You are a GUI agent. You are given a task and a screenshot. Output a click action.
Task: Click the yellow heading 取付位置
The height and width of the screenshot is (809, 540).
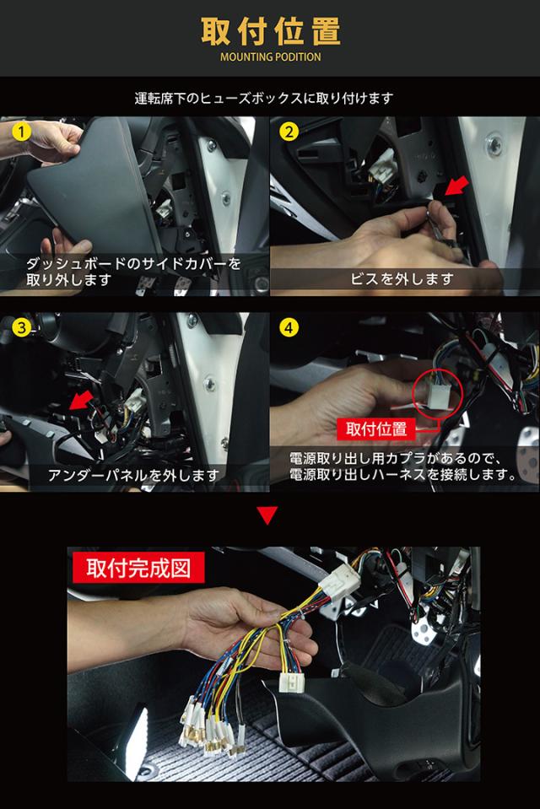coord(271,31)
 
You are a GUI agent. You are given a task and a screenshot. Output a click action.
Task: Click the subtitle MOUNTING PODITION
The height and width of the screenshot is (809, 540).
coord(271,57)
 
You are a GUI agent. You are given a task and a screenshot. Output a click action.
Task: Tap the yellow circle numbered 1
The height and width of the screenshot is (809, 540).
coord(21,132)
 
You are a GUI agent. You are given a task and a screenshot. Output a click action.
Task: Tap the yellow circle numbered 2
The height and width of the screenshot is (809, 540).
coord(289,132)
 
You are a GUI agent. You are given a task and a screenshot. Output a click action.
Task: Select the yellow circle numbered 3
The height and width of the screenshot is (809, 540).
coord(21,327)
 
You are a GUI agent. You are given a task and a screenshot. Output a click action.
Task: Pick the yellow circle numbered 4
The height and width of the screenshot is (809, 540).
coord(289,327)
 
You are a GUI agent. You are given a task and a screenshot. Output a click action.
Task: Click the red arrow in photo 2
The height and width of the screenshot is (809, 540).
coord(456,186)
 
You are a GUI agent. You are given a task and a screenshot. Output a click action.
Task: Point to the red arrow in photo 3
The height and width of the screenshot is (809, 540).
coord(81,400)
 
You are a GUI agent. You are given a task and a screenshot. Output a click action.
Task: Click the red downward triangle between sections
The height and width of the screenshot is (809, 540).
coord(267,515)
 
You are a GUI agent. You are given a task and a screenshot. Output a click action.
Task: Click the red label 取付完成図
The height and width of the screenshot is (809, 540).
coord(138,568)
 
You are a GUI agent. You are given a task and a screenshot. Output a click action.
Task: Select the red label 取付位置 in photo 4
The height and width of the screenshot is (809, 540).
coord(375,429)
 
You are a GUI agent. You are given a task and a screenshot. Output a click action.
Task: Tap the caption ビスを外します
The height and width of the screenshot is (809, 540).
coord(402,279)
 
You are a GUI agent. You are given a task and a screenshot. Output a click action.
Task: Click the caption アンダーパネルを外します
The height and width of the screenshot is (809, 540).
coord(133,475)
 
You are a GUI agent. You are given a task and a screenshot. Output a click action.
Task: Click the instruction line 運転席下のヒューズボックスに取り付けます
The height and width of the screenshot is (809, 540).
coord(264,98)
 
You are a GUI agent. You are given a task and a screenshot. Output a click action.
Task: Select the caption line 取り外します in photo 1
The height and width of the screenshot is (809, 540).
coord(69,280)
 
